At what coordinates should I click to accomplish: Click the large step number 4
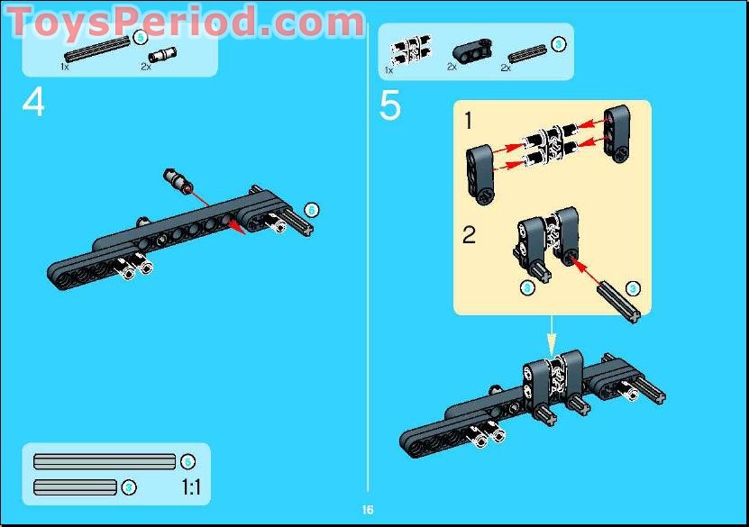(33, 103)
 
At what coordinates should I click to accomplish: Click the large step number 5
(389, 105)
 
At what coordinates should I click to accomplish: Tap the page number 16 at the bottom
(368, 510)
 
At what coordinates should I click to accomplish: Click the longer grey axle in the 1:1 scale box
(104, 462)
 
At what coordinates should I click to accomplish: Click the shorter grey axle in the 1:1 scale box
(75, 487)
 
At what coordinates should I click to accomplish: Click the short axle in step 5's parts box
(527, 53)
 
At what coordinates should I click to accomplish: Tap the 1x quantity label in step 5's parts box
(389, 68)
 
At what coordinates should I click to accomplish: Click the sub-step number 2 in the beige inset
(470, 236)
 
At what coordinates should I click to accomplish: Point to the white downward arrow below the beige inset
(551, 338)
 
